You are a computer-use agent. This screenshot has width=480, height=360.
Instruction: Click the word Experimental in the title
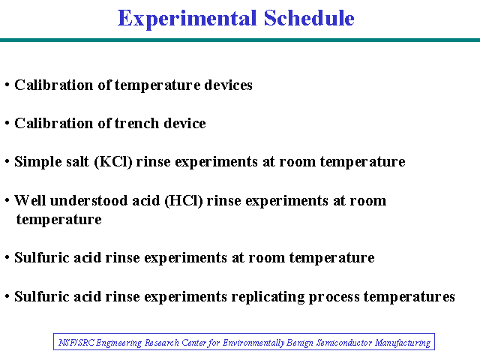point(187,18)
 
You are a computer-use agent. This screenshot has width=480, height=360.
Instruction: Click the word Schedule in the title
point(309,18)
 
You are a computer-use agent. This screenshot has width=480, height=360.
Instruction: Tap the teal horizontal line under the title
point(240,40)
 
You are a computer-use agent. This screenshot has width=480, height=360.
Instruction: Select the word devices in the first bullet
point(228,85)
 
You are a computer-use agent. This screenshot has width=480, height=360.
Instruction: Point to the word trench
point(137,123)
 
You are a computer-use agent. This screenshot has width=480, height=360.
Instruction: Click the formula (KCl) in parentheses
point(113,162)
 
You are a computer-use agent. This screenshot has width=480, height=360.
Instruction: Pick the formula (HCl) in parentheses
point(184,201)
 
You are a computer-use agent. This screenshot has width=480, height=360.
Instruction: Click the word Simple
point(36,162)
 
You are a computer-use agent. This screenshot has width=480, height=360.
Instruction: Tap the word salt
point(76,162)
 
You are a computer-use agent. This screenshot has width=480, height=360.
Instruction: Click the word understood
point(88,200)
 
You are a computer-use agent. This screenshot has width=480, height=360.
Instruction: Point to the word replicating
point(268,297)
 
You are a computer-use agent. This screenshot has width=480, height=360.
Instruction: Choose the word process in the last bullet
point(334,297)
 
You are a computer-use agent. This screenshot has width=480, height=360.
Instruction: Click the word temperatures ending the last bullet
point(409,297)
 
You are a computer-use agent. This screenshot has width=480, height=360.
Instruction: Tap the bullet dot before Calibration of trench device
point(7,123)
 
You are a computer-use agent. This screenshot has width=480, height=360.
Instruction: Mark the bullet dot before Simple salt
point(7,161)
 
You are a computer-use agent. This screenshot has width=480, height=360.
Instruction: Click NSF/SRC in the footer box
point(76,342)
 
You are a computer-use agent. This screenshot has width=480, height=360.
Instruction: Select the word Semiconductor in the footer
point(344,342)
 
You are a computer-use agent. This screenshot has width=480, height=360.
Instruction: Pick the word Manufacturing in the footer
point(403,343)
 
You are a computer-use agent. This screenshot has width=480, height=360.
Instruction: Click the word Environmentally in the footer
point(253,343)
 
